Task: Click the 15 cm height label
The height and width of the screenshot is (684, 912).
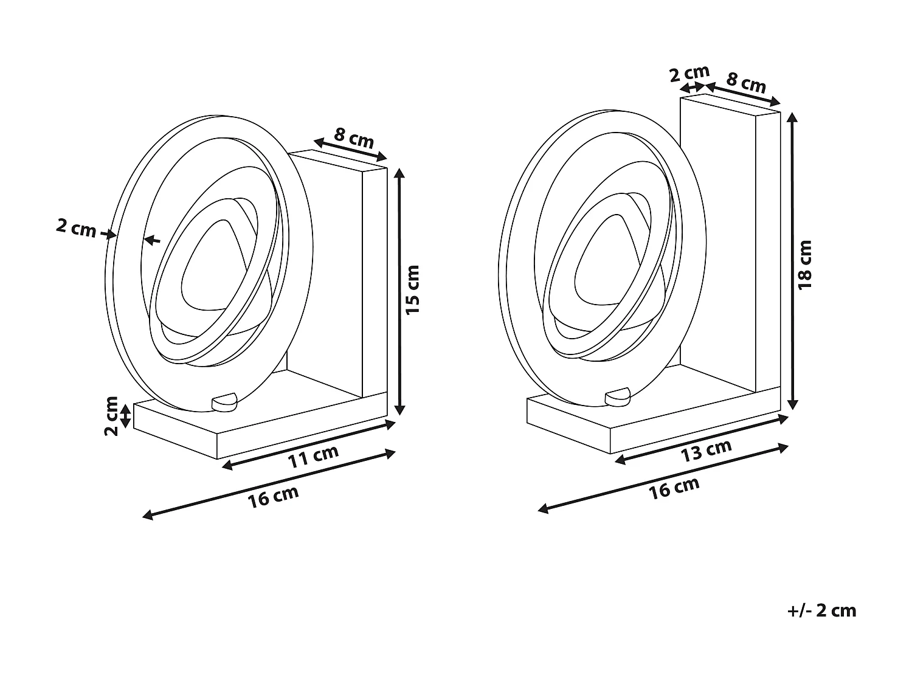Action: pyautogui.click(x=412, y=290)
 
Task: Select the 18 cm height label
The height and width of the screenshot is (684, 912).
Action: pyautogui.click(x=805, y=264)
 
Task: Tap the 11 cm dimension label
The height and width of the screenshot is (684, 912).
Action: pyautogui.click(x=313, y=455)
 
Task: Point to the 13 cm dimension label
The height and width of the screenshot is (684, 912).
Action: pyautogui.click(x=706, y=450)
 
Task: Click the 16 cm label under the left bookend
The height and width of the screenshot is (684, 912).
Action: pyautogui.click(x=273, y=496)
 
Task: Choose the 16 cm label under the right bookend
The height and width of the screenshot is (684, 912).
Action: pyautogui.click(x=674, y=488)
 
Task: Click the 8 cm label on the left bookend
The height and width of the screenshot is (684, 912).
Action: pyautogui.click(x=354, y=138)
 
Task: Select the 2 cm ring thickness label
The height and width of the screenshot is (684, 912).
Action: pyautogui.click(x=76, y=228)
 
